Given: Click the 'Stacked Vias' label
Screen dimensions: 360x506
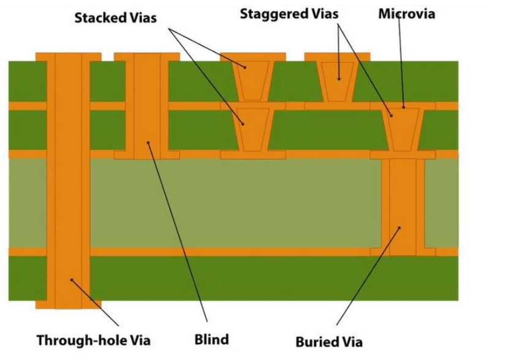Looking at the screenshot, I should (x=115, y=18).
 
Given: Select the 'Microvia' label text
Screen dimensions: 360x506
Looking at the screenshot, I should (x=406, y=13).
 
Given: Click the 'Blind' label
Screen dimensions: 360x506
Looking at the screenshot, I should (x=212, y=339).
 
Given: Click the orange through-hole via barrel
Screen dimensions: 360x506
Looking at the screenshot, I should (x=68, y=184).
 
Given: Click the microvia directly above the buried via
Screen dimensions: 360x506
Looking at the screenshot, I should (x=402, y=129).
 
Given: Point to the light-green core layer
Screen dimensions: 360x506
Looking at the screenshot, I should (x=233, y=202).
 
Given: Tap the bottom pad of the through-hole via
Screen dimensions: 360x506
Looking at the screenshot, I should (x=68, y=304).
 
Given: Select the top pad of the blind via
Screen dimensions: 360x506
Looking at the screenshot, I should (x=147, y=57).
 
